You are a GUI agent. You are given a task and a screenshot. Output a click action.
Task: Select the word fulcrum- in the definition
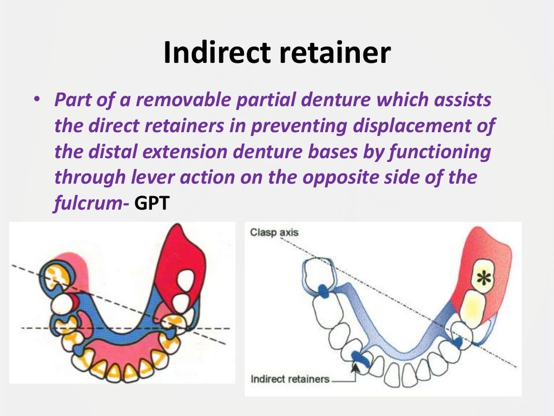[x=91, y=204]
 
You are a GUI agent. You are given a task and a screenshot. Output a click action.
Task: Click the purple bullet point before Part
[x=36, y=101]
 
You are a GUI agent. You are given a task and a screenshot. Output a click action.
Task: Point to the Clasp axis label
[x=274, y=233]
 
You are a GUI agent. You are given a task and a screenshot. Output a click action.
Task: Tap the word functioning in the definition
[x=439, y=152]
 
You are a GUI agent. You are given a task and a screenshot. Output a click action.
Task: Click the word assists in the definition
[x=464, y=100]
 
